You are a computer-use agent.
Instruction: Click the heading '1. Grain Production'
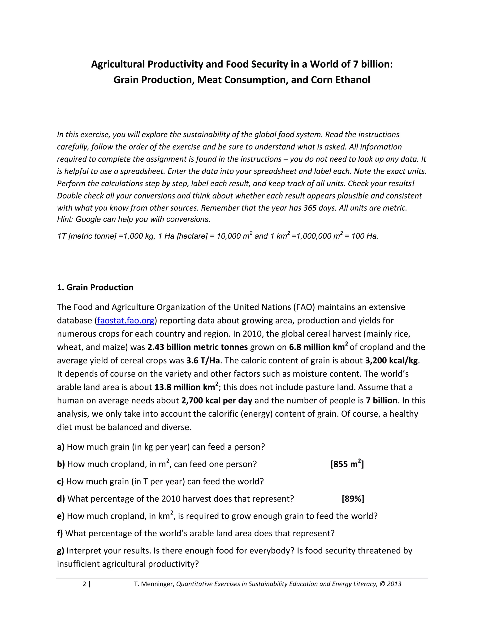click(x=95, y=287)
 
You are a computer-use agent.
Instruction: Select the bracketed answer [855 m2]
click(x=347, y=464)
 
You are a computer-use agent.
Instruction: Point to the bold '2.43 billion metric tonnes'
click(x=198, y=347)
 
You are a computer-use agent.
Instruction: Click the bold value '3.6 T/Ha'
click(x=203, y=360)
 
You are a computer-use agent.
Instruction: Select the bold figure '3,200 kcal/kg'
click(x=391, y=360)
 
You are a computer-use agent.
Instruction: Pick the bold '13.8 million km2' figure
click(x=186, y=387)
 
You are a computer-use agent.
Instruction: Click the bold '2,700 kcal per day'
click(x=217, y=401)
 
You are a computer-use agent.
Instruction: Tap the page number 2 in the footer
click(x=84, y=584)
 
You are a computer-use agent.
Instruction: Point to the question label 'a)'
click(x=61, y=447)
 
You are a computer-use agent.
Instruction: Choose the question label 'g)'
click(x=60, y=551)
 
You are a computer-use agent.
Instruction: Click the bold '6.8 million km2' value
click(x=318, y=347)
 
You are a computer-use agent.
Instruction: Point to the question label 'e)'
click(x=60, y=516)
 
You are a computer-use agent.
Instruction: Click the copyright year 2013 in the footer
click(x=394, y=584)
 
